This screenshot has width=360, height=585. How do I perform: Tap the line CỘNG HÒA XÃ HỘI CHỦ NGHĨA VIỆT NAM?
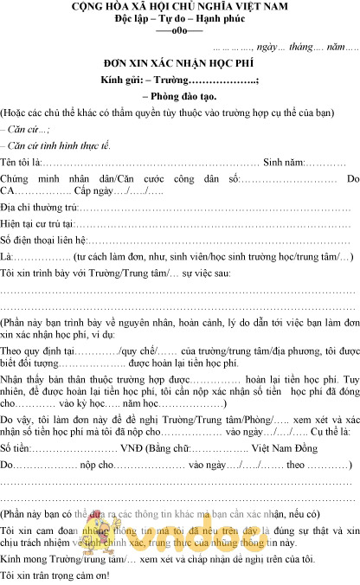[x=180, y=9]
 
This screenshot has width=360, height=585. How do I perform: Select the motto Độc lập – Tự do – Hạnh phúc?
[x=180, y=21]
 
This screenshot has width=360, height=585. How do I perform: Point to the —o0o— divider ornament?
[x=179, y=33]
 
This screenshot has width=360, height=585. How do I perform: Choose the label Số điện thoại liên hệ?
[x=44, y=241]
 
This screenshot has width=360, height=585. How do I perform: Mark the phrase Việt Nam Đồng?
[x=281, y=450]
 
